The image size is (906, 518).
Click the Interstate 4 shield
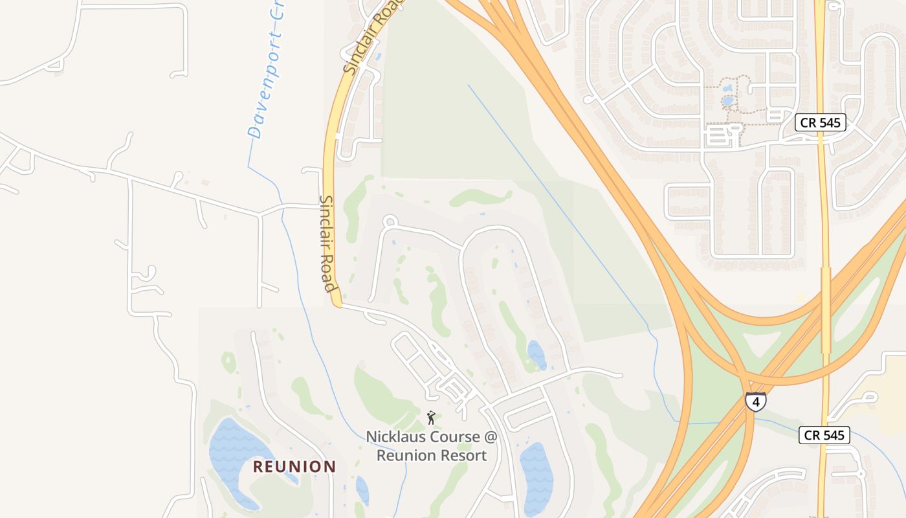(755, 401)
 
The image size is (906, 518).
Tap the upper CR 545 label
(821, 122)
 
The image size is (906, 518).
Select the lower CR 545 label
(824, 435)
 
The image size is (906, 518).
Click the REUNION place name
(294, 466)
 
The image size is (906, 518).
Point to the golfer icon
(431, 418)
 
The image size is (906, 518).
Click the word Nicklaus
(397, 437)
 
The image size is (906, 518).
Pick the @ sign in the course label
(491, 437)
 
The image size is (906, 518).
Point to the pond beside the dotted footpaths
(727, 101)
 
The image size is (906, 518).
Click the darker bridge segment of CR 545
(825, 311)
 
